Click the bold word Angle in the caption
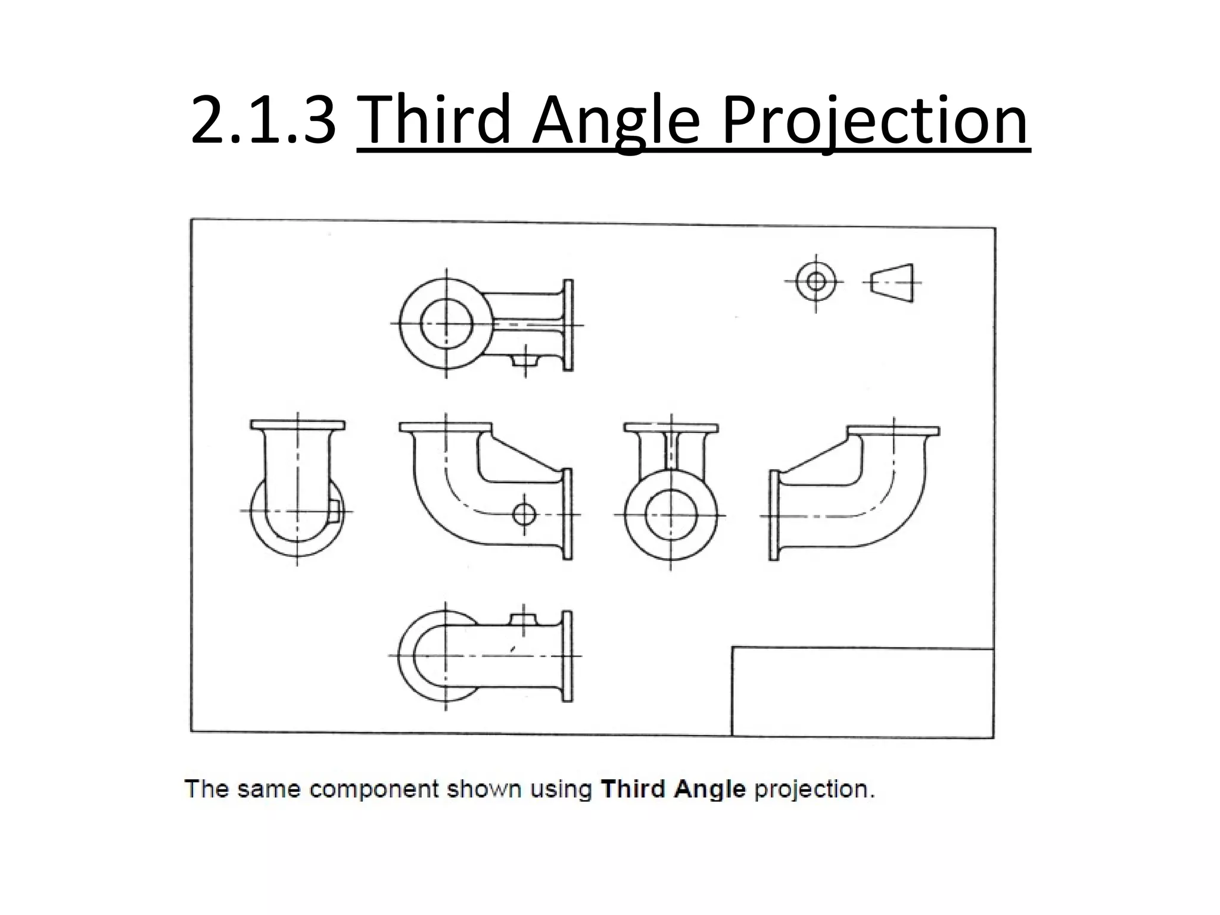click(x=710, y=789)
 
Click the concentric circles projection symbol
click(x=816, y=281)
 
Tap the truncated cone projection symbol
click(x=892, y=282)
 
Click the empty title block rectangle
click(x=861, y=692)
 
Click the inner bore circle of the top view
click(x=446, y=324)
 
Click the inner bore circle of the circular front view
click(x=671, y=515)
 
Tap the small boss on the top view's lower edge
click(x=525, y=359)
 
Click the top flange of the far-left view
click(x=297, y=425)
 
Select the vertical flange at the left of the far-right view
click(x=774, y=515)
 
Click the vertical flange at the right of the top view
click(x=568, y=325)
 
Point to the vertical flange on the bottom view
click(x=567, y=656)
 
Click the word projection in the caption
click(x=814, y=789)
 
